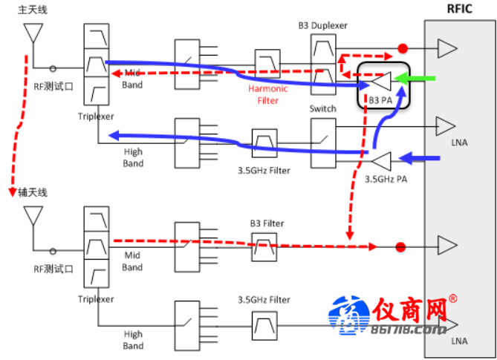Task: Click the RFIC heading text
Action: pyautogui.click(x=459, y=9)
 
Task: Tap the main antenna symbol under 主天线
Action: pyautogui.click(x=31, y=33)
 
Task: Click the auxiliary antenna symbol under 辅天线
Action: pyautogui.click(x=31, y=215)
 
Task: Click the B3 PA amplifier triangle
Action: pyautogui.click(x=383, y=78)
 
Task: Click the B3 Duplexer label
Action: pyautogui.click(x=322, y=26)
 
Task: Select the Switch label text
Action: pyautogui.click(x=322, y=108)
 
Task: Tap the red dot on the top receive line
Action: pyautogui.click(x=403, y=49)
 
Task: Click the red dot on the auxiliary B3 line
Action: pyautogui.click(x=401, y=246)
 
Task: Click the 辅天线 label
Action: pyautogui.click(x=33, y=192)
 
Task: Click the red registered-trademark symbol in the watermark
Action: pyautogui.click(x=453, y=299)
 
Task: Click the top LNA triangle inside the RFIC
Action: pyautogui.click(x=447, y=49)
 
